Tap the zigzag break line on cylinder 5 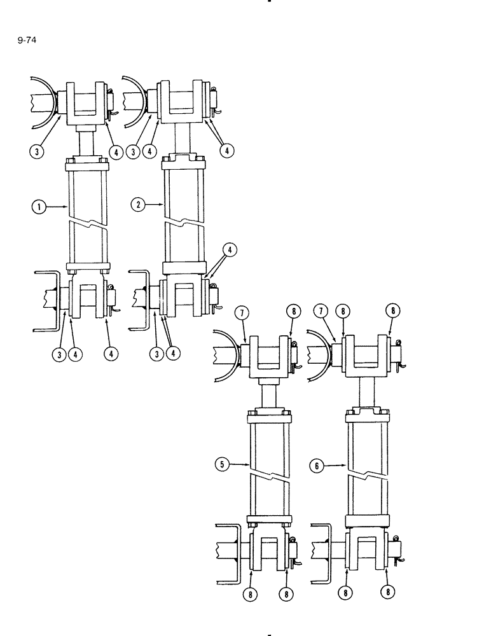[270, 475]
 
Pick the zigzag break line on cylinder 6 [367, 475]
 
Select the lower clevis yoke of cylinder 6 [367, 552]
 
